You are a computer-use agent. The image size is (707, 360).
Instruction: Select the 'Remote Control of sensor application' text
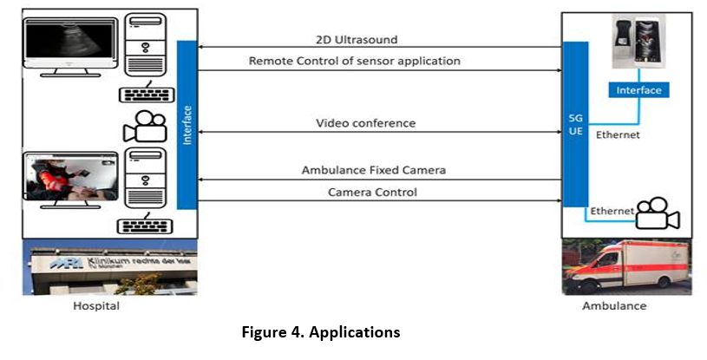pyautogui.click(x=354, y=61)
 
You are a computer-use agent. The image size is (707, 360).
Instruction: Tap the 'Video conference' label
pyautogui.click(x=365, y=123)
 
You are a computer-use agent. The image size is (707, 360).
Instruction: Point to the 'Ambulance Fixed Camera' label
pyautogui.click(x=373, y=171)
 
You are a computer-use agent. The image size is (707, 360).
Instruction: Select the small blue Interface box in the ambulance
pyautogui.click(x=638, y=90)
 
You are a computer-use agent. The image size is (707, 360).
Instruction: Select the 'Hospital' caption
pyautogui.click(x=95, y=306)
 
